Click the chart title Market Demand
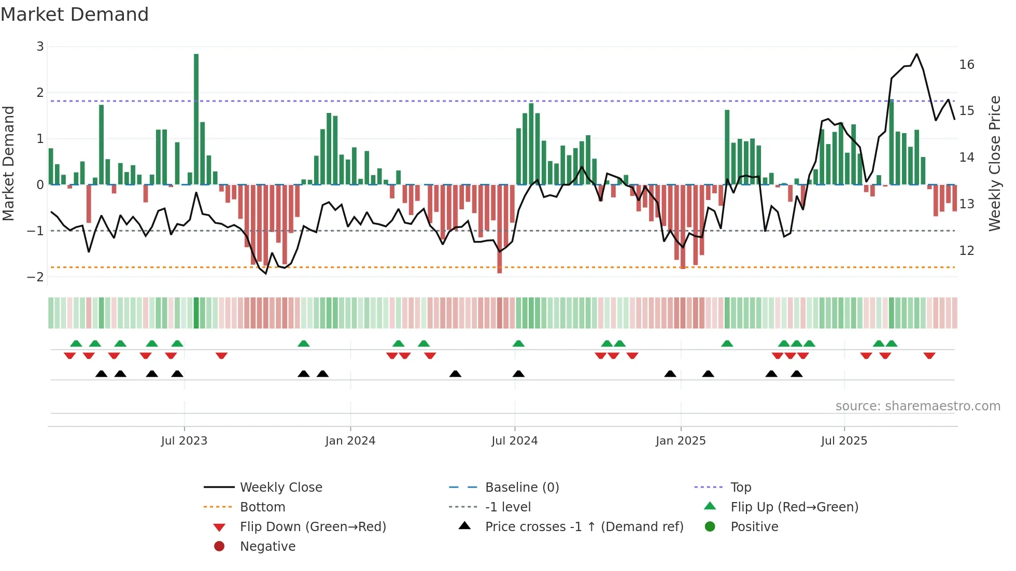75,15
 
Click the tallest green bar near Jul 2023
196,119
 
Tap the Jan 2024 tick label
350,441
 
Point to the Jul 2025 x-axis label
843,441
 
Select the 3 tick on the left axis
40,47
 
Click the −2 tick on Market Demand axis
36,277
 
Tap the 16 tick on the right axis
966,65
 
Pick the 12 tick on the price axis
966,251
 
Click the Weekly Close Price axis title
994,163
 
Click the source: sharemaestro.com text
918,406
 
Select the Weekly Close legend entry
280,488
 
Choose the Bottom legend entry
262,507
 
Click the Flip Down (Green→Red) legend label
313,527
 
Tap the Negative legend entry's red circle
219,546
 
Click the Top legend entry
740,488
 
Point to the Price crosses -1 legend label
584,527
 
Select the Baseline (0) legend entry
521,488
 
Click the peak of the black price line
916,54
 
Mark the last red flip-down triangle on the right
929,355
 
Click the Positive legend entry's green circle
710,526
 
